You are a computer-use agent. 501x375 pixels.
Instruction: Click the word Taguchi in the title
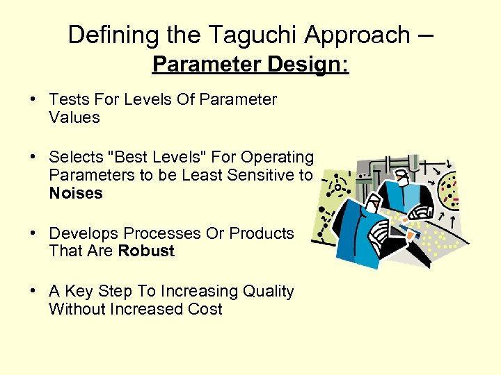(x=241, y=34)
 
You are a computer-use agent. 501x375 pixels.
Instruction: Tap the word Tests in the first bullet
(x=68, y=100)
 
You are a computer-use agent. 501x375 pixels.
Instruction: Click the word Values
(x=74, y=118)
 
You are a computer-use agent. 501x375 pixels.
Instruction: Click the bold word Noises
(x=76, y=194)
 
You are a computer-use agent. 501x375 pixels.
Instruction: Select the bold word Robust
(x=146, y=251)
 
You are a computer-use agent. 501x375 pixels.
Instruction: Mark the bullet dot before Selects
(x=33, y=158)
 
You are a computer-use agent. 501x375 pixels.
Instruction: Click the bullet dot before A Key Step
(x=33, y=292)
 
